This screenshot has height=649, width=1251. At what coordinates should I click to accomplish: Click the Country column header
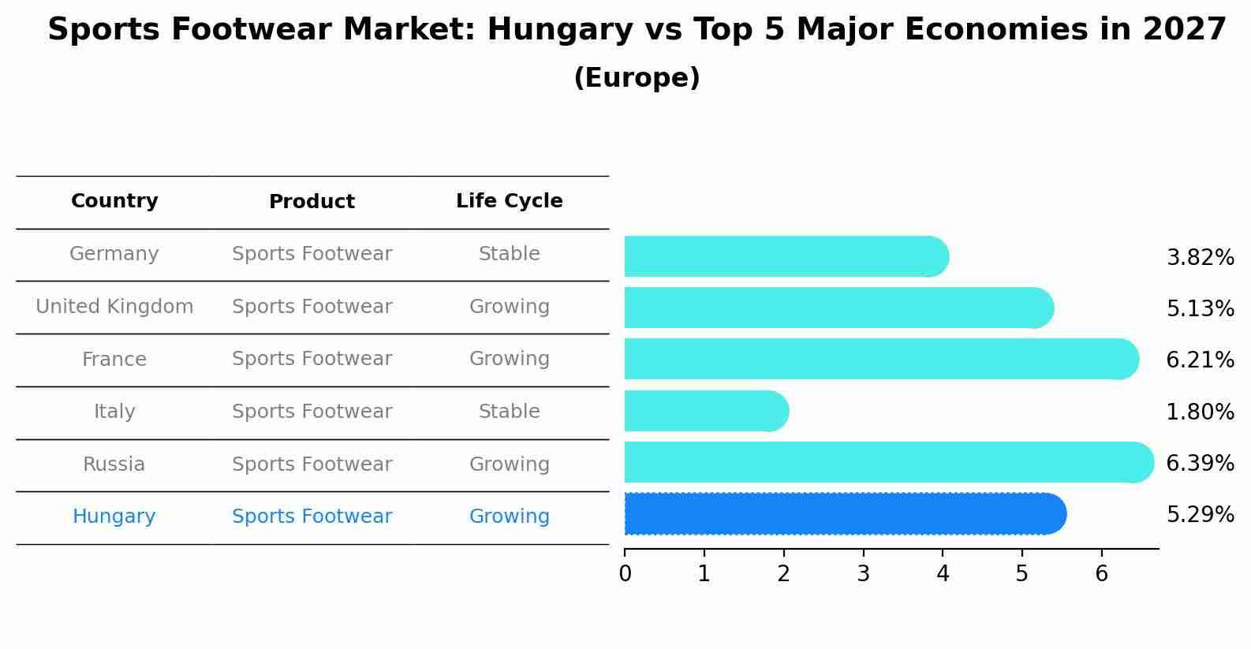coord(114,201)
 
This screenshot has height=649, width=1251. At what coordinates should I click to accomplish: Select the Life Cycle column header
coord(509,201)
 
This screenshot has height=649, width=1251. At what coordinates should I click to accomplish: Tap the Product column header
coord(312,202)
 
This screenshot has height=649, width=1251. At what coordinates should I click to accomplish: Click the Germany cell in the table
coord(114,254)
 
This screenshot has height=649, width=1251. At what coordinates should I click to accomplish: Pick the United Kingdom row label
coord(114,307)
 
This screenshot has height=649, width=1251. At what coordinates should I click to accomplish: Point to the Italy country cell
coord(114,412)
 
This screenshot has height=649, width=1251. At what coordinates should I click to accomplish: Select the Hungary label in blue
coord(114,517)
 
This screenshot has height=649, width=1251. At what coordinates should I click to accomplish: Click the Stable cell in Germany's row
coord(509,254)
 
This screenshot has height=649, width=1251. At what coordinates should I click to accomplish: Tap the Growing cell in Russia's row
coord(509,464)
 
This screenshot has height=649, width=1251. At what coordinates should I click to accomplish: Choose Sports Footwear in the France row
coord(312,359)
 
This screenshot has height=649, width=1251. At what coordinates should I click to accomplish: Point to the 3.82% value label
coord(1200,258)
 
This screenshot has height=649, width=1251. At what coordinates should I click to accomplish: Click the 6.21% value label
coord(1200,360)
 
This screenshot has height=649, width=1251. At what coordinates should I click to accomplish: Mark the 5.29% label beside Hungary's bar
coord(1200,515)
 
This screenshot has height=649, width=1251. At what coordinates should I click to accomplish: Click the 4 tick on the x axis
coord(943,574)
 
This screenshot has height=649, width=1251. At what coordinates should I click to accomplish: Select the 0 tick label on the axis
coord(625,574)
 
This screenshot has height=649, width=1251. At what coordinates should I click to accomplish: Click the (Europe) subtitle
coord(637,78)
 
